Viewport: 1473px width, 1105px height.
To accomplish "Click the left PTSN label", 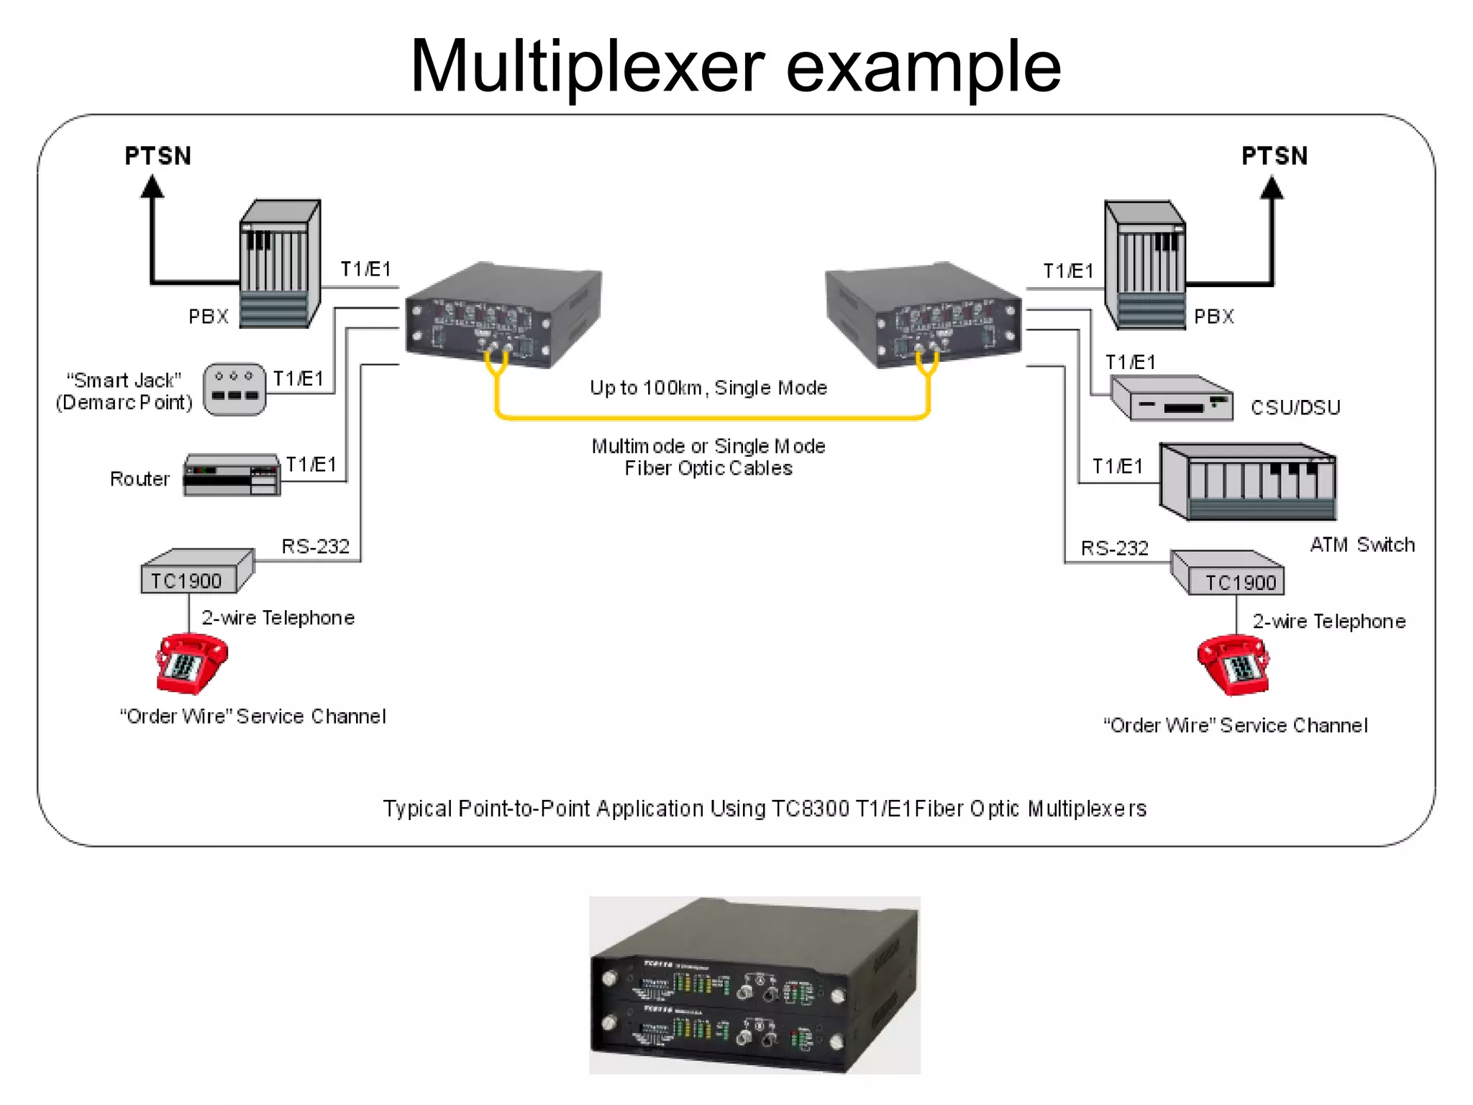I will point(158,156).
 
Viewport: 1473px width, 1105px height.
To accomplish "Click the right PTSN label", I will point(1274,156).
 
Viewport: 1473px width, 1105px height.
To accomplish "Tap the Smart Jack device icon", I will point(234,389).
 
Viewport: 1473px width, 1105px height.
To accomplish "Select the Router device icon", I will point(232,475).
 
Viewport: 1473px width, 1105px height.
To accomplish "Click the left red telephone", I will point(191,663).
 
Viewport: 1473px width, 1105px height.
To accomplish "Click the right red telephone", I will point(1233,665).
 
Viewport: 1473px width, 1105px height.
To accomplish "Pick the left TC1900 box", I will point(196,573).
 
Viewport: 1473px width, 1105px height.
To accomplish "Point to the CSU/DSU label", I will point(1295,408).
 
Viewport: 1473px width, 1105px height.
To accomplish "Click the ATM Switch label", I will point(1362,545).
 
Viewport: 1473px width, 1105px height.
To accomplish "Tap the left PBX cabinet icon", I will point(279,264).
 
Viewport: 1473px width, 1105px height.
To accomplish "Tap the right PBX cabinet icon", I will point(1144,265).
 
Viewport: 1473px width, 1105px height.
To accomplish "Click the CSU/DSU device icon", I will point(1172,399).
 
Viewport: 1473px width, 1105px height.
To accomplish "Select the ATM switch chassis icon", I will point(1248,482).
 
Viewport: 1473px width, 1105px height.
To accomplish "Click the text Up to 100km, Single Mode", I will point(708,388).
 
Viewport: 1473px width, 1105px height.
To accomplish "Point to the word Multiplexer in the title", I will point(587,66).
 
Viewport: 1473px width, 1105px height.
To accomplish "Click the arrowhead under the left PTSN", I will point(152,186).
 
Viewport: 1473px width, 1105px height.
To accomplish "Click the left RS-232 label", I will point(315,547).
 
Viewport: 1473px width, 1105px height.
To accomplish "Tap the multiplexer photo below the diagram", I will point(754,985).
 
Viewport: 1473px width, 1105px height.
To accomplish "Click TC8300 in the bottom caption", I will point(811,809).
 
